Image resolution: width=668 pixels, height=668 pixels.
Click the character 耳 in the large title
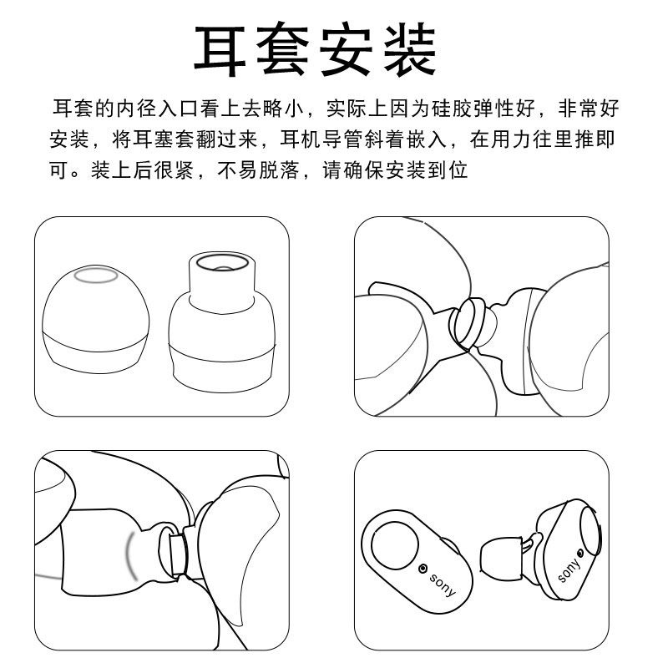click(x=220, y=50)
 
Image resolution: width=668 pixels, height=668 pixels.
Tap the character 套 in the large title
click(x=282, y=50)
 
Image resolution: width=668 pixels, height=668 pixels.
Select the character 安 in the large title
click(x=346, y=50)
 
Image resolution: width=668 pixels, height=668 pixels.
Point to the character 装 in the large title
click(x=410, y=50)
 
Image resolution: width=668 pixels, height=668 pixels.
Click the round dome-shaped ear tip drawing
click(x=96, y=319)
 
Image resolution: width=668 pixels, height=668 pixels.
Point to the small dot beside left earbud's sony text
click(x=423, y=569)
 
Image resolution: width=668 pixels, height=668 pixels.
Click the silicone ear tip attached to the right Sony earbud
click(x=501, y=556)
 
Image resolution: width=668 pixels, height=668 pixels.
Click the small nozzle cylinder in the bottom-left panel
click(x=179, y=553)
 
